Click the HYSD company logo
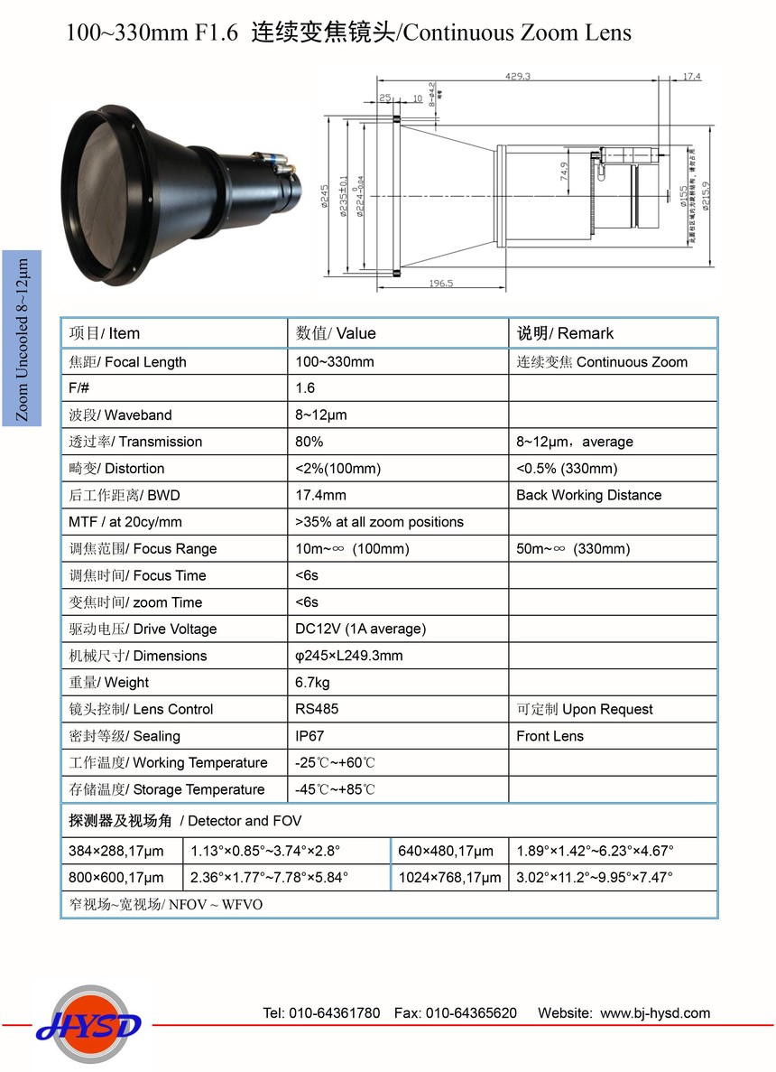point(88,1026)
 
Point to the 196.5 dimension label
point(440,284)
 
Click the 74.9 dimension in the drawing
point(564,172)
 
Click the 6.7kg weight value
point(312,683)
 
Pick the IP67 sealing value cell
point(310,736)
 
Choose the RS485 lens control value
point(317,709)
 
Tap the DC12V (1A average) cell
point(360,629)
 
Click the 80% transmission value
point(309,442)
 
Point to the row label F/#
point(79,388)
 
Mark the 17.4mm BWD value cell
point(320,495)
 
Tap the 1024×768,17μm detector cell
point(449,878)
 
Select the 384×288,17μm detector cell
point(116,851)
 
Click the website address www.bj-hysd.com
point(655,1013)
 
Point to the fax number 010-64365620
point(471,1013)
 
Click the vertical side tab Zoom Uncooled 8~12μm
point(22,336)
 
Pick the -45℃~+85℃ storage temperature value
point(335,789)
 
